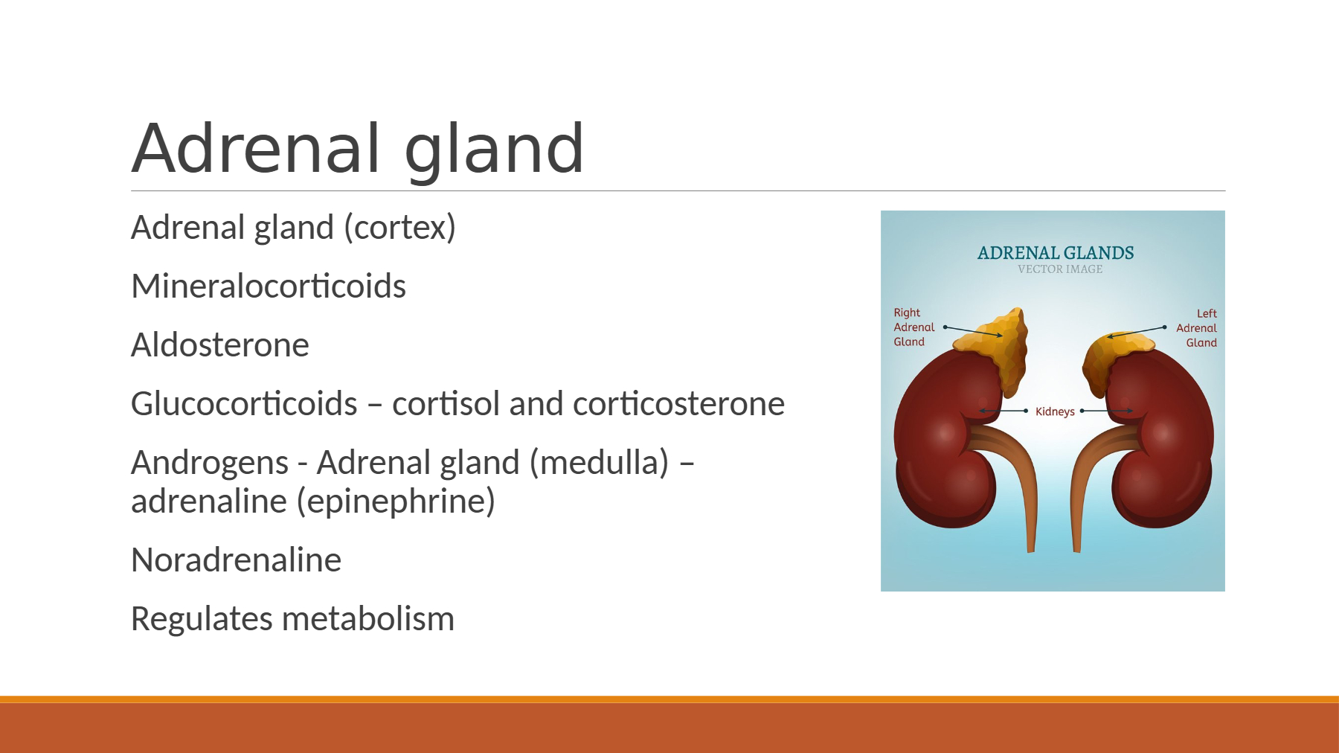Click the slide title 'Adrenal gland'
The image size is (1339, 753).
pos(358,150)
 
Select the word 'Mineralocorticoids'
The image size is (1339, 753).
pos(269,286)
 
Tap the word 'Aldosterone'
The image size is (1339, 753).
pos(220,345)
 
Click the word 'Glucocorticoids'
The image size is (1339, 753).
pos(244,404)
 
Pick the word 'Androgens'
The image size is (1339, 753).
pos(210,464)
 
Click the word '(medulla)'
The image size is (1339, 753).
pos(600,463)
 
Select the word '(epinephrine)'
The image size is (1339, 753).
pos(396,502)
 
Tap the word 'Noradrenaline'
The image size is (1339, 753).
pos(237,560)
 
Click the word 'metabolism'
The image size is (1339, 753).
pos(368,619)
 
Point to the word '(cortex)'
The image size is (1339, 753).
pos(399,228)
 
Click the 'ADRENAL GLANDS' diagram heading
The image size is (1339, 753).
pos(1056,253)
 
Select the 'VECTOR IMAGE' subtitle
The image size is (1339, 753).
pos(1060,269)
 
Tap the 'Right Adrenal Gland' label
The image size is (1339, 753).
pos(913,327)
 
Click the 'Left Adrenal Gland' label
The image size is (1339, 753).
pos(1197,328)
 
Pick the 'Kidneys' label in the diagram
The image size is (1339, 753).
pos(1055,411)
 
